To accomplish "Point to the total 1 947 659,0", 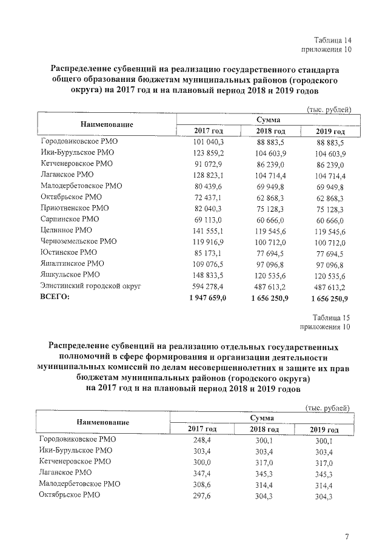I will [x=206, y=297].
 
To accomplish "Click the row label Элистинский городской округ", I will [x=90, y=286].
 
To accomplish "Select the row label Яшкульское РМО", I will [x=68, y=275].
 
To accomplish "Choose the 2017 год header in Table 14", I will [x=209, y=131].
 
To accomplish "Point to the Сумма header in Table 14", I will [x=267, y=120].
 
